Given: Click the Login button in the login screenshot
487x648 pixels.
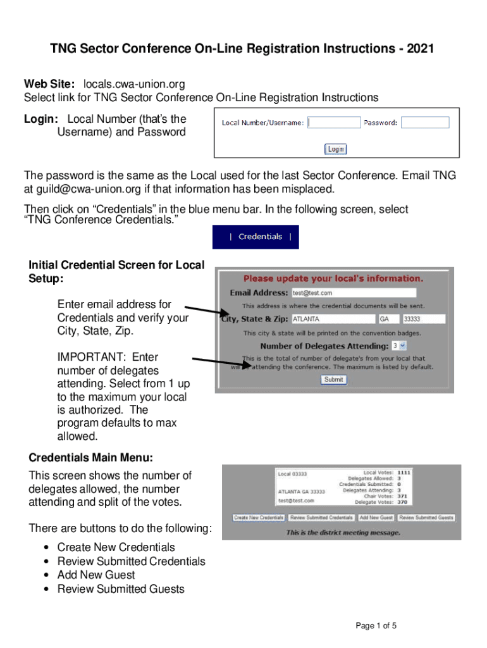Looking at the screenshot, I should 336,149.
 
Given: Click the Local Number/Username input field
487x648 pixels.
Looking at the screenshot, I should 334,123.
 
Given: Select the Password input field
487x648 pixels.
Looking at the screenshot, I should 425,123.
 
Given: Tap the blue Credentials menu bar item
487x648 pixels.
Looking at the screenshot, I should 256,237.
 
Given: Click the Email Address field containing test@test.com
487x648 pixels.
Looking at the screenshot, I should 354,293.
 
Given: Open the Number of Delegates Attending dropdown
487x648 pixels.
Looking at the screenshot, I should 398,346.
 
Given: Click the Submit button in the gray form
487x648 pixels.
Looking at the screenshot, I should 333,380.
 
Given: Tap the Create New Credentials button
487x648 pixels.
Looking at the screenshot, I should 259,518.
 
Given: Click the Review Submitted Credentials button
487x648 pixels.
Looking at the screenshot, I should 321,518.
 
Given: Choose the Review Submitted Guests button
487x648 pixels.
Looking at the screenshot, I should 426,518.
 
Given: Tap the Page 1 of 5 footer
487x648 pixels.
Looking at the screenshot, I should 376,626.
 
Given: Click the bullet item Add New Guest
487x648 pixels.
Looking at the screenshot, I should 96,575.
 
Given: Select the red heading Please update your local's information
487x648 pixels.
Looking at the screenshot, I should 333,278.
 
